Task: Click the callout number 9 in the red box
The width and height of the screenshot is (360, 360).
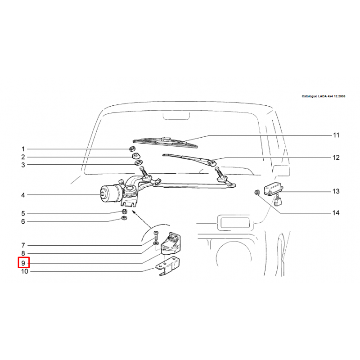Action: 23,263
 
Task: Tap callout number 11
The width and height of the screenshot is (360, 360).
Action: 336,135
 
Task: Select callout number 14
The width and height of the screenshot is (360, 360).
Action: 336,213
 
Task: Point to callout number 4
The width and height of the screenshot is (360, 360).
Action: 23,195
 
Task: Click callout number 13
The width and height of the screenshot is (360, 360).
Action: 336,191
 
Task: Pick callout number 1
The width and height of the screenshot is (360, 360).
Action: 23,149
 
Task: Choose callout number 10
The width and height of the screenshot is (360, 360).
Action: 25,271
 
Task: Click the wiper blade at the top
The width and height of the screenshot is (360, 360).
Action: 165,142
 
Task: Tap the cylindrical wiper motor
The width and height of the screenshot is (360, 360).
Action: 111,194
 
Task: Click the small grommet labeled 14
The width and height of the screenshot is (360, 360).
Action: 257,192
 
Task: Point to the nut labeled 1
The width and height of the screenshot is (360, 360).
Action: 132,149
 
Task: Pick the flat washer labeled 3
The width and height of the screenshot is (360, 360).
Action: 139,163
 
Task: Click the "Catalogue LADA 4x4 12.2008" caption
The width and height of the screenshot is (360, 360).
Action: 323,96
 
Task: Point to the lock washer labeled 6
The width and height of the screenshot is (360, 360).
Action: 125,218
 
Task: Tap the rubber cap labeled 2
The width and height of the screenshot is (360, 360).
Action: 136,156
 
